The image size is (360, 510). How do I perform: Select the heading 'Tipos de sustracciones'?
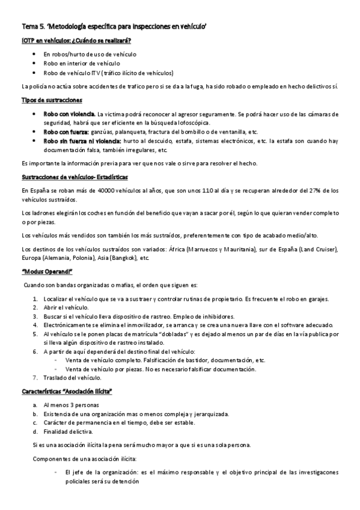[x=52, y=99]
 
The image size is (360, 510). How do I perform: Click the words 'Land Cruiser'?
[x=322, y=249]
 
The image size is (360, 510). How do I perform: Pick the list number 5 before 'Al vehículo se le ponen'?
[x=36, y=333]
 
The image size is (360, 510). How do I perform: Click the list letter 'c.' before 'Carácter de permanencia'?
[x=36, y=422]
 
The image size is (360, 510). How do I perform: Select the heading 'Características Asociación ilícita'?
[x=67, y=391]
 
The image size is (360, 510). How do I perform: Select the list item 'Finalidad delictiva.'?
[x=68, y=431]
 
